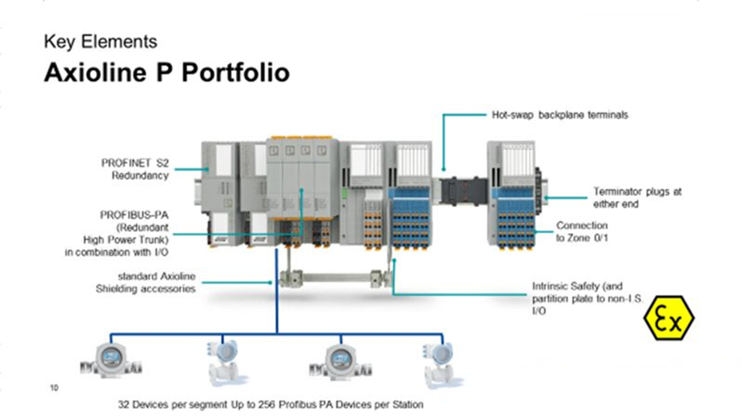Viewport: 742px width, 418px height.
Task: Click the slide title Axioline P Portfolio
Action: pos(166,73)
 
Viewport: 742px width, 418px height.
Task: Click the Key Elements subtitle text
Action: pos(100,41)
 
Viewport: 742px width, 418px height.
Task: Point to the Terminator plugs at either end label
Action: pos(636,198)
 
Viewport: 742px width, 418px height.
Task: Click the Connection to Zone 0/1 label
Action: pos(582,232)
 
